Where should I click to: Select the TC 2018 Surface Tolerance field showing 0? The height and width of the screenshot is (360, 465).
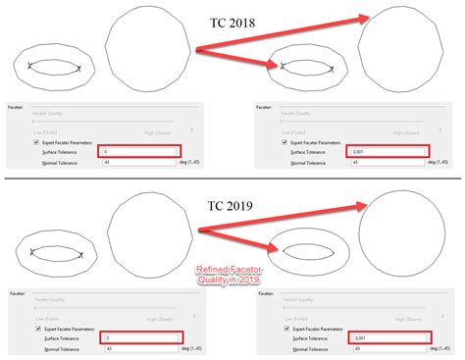click(x=139, y=151)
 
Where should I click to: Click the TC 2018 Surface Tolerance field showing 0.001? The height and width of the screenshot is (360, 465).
click(x=387, y=151)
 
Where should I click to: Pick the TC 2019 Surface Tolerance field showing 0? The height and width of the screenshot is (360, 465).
click(x=139, y=336)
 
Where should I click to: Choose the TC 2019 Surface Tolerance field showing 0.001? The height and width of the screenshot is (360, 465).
click(x=387, y=336)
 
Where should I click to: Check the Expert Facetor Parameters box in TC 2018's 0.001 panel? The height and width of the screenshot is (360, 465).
click(x=284, y=141)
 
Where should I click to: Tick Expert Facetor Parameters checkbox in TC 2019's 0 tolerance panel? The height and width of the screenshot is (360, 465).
click(x=36, y=328)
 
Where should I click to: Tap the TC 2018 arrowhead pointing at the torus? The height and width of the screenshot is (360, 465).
click(x=277, y=66)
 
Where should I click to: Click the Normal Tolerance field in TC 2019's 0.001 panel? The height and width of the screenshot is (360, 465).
click(x=387, y=347)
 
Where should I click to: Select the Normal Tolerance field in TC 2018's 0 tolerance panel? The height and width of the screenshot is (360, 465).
click(x=139, y=162)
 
